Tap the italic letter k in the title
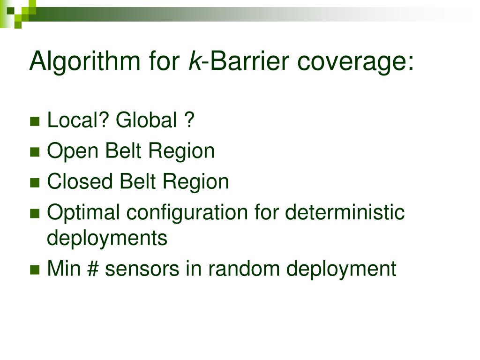(193, 62)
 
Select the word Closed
(80, 182)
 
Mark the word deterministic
(345, 212)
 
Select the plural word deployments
(107, 239)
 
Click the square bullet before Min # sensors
(34, 270)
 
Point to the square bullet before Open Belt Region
(34, 152)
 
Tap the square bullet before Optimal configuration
(34, 213)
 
